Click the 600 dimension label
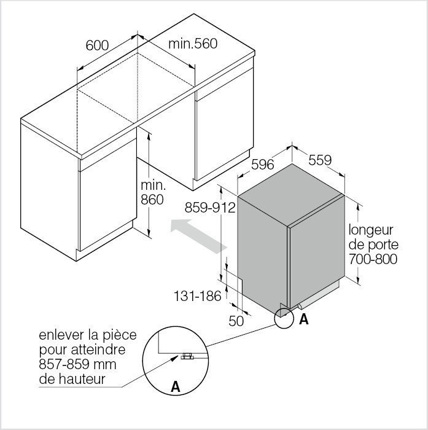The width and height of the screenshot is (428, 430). [x=97, y=45]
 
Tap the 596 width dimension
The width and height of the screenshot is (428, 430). [x=263, y=164]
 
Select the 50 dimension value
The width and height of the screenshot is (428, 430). [x=236, y=320]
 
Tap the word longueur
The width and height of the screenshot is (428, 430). [x=371, y=230]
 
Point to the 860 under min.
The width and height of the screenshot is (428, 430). [x=152, y=199]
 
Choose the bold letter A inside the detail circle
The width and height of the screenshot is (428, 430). [x=176, y=387]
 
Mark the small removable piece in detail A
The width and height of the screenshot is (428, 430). [x=187, y=356]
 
